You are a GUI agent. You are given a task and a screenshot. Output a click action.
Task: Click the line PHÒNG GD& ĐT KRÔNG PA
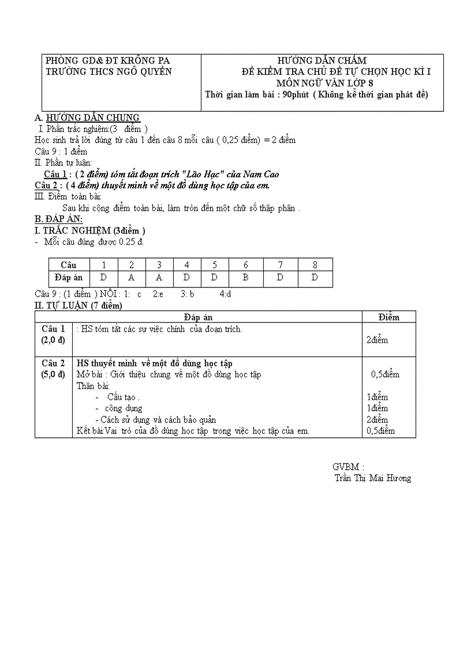tap(107, 61)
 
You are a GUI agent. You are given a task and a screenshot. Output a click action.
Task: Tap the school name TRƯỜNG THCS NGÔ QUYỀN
tap(109, 72)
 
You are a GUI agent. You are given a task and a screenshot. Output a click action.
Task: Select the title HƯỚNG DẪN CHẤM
tap(322, 61)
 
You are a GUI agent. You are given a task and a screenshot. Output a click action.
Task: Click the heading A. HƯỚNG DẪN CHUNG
tap(87, 118)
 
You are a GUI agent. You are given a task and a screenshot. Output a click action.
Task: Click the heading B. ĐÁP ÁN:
tap(59, 219)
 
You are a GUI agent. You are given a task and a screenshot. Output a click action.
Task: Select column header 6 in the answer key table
tap(246, 265)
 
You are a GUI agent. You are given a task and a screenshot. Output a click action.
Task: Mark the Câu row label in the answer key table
tap(69, 265)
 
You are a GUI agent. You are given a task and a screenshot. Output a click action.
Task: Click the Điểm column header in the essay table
tap(388, 317)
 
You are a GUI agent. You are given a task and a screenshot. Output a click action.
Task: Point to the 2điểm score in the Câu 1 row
tap(377, 340)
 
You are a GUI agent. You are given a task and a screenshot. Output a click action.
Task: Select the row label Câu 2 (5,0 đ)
tap(53, 368)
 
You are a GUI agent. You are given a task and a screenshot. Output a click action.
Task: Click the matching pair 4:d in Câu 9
tap(225, 294)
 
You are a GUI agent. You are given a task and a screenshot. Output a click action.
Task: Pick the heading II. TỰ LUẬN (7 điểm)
tap(78, 305)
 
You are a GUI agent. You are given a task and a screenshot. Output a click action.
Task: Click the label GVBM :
tap(348, 467)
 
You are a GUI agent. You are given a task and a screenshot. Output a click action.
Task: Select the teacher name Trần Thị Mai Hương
tap(373, 478)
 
